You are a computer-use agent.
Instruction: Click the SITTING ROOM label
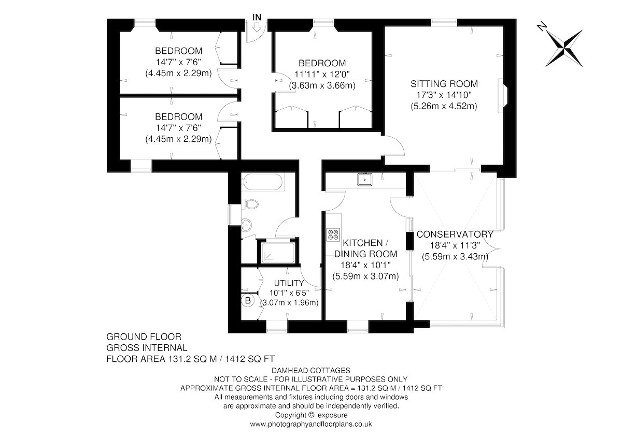[444, 84]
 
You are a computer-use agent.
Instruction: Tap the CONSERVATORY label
[455, 235]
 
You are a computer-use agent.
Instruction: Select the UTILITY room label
[289, 283]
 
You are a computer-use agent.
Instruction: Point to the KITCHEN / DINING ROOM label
[365, 248]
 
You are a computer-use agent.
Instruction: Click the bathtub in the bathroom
[262, 182]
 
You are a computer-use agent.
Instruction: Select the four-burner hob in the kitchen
[333, 235]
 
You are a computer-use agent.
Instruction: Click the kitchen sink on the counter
[365, 180]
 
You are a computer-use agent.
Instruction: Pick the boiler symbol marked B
[248, 300]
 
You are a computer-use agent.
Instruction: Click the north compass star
[564, 48]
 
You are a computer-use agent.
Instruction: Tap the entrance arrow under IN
[257, 27]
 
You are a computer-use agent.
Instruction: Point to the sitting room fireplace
[503, 96]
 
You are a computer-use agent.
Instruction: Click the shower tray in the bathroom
[278, 252]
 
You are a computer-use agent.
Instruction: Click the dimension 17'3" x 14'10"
[444, 95]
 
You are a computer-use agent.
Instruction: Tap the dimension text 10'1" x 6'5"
[289, 293]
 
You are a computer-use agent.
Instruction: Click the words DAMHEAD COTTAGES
[310, 370]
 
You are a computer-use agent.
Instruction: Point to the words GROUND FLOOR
[144, 336]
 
